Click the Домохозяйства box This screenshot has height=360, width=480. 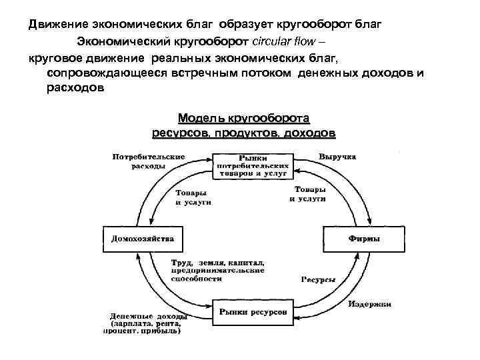(x=143, y=239)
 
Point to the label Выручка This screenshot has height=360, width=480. (x=337, y=157)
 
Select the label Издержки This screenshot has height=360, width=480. (x=369, y=304)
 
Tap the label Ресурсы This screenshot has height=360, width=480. (x=317, y=280)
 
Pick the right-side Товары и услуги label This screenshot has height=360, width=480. (x=308, y=194)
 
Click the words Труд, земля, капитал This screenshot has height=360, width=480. (x=218, y=263)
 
